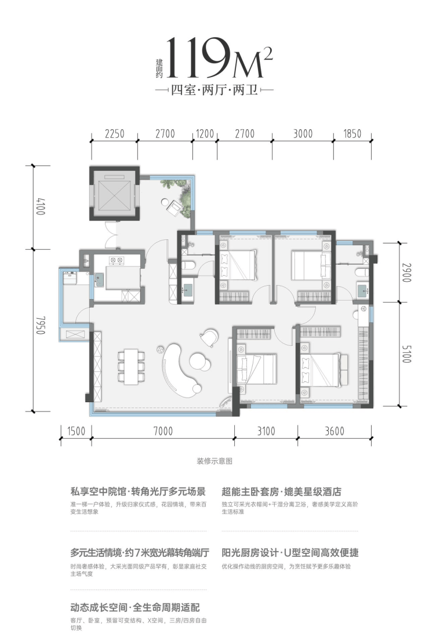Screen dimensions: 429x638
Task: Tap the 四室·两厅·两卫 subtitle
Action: tap(214, 90)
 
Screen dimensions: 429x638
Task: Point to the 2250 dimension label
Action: tap(114, 133)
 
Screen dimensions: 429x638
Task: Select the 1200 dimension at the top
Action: tap(205, 133)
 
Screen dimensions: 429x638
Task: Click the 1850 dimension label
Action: tap(352, 133)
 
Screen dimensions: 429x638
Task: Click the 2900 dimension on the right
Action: tap(406, 272)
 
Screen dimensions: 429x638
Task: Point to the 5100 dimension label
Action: tap(406, 354)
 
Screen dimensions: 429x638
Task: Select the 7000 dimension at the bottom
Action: tap(163, 431)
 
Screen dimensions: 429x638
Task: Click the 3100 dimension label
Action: tap(266, 431)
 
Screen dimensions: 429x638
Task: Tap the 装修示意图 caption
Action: tap(214, 461)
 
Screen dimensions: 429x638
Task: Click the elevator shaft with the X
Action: tap(115, 194)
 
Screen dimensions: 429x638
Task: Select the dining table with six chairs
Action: tap(131, 366)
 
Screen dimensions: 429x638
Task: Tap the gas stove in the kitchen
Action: tap(116, 260)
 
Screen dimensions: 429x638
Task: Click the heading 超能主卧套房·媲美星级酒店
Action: tap(282, 491)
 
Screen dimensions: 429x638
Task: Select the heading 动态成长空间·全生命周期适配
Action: tap(135, 607)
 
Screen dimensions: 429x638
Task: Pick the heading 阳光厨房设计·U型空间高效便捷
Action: tap(290, 553)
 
